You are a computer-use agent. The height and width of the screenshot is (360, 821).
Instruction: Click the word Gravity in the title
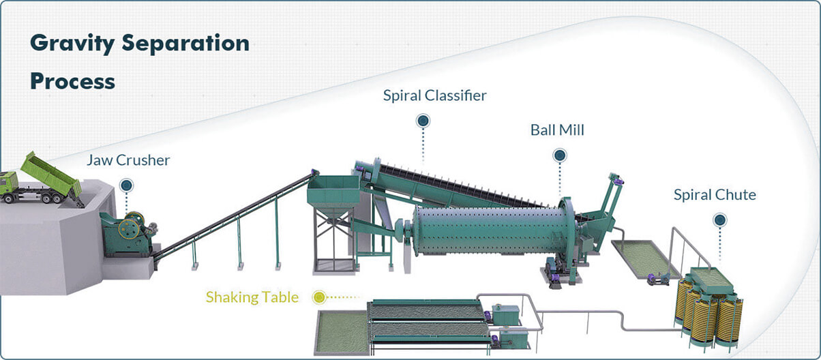click(x=72, y=44)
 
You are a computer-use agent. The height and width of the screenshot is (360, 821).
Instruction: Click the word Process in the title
click(x=72, y=82)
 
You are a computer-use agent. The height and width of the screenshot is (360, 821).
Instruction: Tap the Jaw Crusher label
click(x=128, y=160)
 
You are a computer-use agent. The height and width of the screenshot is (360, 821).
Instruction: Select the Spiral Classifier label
click(x=434, y=95)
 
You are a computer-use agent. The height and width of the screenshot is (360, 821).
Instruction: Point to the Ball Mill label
click(x=557, y=130)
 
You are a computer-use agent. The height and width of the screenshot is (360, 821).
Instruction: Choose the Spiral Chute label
click(x=715, y=195)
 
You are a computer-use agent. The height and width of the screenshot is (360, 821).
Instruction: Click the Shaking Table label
click(x=252, y=297)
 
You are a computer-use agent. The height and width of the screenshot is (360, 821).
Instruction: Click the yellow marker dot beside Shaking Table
click(x=319, y=297)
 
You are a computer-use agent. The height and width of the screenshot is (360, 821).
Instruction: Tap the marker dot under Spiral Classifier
click(x=423, y=121)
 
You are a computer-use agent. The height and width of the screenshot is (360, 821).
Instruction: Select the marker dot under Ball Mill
click(x=560, y=155)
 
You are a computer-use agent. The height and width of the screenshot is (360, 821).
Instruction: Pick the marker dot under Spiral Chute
click(x=720, y=220)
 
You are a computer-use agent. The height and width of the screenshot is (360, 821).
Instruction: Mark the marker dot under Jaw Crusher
click(x=126, y=185)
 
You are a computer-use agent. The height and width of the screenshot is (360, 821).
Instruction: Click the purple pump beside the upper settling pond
click(x=653, y=280)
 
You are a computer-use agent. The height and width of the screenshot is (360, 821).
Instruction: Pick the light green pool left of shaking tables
click(x=342, y=333)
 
